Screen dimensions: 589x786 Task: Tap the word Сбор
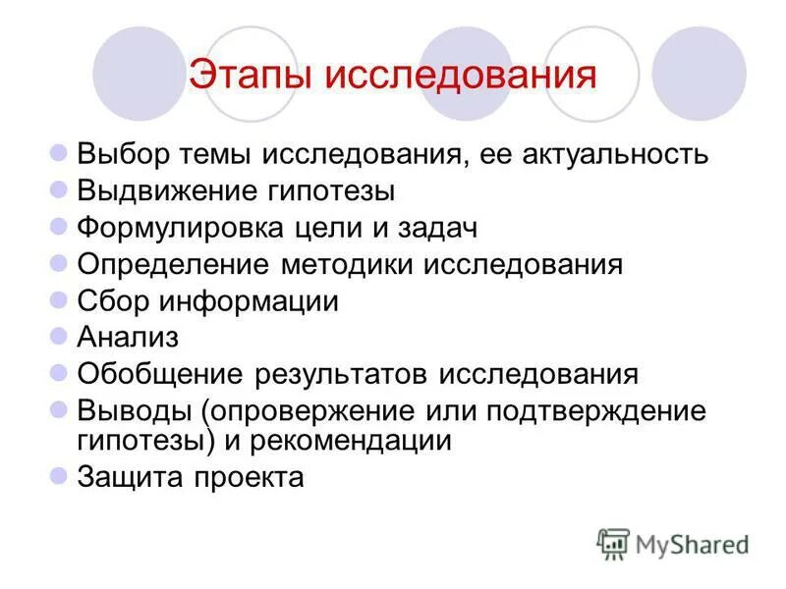point(112,301)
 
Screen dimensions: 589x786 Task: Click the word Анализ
point(128,338)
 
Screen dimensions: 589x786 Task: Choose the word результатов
point(344,374)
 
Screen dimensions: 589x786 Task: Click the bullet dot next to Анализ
point(58,336)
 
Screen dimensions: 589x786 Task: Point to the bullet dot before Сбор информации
point(58,299)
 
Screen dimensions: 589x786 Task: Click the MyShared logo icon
point(614,543)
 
